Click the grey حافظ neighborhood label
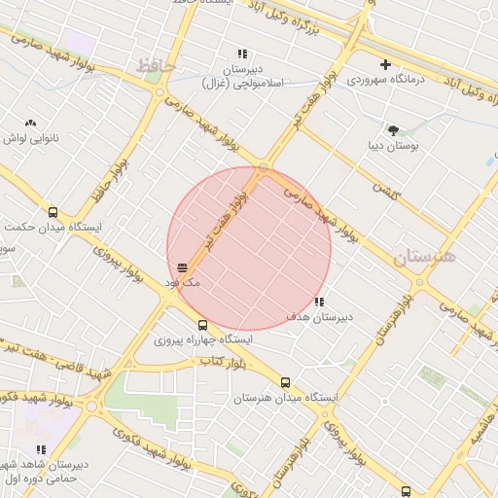coord(155,66)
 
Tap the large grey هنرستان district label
coord(425,258)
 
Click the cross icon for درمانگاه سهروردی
coord(385,64)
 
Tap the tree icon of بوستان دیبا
coord(393,130)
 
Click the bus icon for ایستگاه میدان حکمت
coord(53,213)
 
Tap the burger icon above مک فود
coord(182,267)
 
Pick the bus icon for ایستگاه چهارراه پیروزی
coord(202,326)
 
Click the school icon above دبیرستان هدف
coord(320,302)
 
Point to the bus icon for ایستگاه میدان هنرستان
coord(285,382)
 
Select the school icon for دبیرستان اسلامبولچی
coord(242,54)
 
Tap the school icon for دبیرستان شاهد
coord(41,448)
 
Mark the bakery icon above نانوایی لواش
coord(30,124)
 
